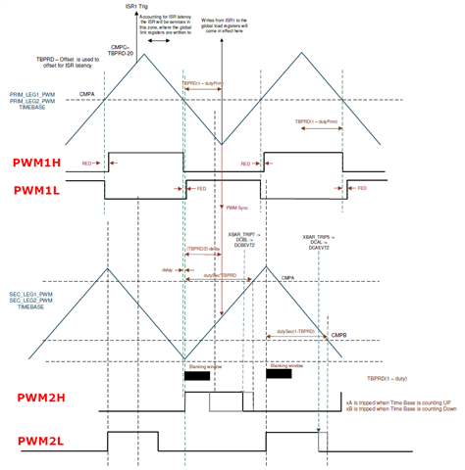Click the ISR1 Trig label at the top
tap(138, 6)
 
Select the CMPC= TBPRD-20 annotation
tap(123, 48)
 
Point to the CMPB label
tap(338, 334)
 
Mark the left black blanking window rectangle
tap(196, 375)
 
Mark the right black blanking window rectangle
tap(280, 375)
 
